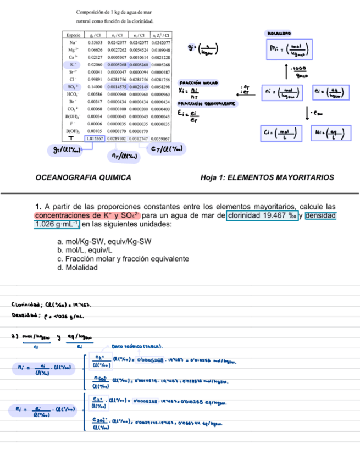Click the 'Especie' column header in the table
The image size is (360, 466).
[71, 34]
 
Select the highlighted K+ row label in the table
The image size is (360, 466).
[72, 64]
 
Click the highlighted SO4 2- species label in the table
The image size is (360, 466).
[72, 87]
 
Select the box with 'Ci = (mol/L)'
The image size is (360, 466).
[280, 132]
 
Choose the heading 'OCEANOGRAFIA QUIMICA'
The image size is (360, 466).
[83, 177]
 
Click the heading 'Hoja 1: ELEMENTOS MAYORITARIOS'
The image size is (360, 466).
[268, 177]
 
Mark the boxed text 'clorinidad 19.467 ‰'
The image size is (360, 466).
[262, 215]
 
